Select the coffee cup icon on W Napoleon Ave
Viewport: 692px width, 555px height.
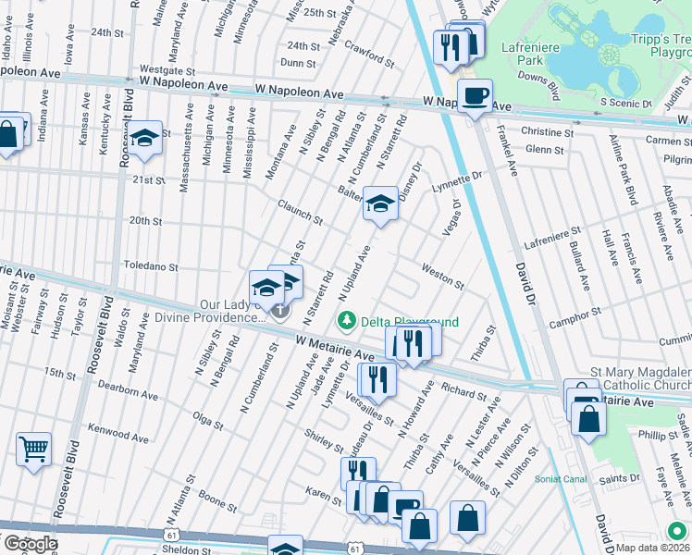[476, 96]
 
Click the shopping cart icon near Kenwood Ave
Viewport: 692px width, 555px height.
[33, 450]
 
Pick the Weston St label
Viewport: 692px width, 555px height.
[442, 275]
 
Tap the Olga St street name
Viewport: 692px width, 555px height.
[206, 421]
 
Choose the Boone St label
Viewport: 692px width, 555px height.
[218, 504]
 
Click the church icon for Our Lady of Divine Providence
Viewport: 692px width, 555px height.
[278, 312]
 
